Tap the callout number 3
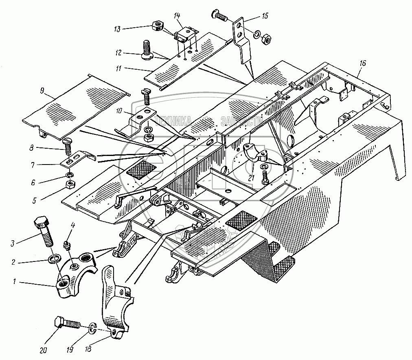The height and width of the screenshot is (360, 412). tap(13, 244)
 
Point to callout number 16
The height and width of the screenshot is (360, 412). tap(363, 63)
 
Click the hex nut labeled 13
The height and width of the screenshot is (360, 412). tap(156, 26)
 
